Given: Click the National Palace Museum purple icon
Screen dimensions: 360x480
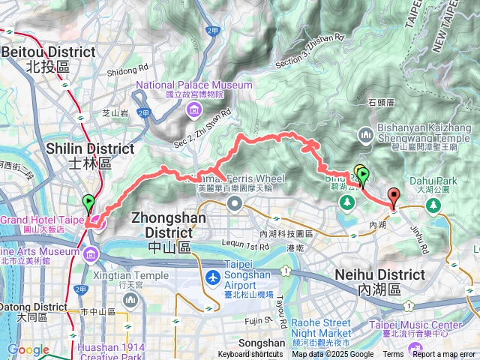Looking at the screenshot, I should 194,112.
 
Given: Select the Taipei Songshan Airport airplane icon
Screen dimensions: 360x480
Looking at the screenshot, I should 213,277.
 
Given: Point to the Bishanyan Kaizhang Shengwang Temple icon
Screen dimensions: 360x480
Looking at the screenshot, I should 365,135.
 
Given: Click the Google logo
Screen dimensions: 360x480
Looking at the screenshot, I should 28,349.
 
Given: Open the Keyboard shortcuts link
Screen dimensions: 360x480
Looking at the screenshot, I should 250,355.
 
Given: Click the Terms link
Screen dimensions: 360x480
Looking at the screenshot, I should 393,355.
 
